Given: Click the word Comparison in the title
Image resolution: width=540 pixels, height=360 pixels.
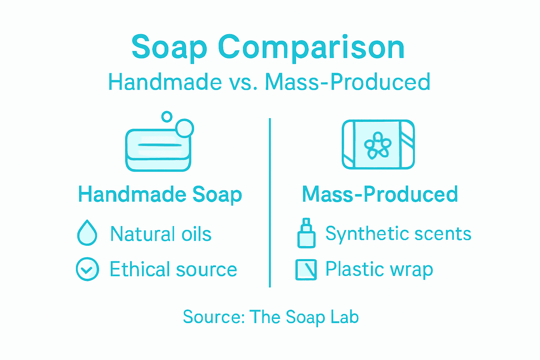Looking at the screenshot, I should click(311, 47).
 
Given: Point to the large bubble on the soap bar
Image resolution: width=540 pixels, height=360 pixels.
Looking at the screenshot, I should click(185, 128).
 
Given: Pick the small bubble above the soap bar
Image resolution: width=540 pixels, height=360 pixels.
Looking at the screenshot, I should click(167, 117).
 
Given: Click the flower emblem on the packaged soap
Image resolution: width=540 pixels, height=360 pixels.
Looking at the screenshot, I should click(378, 144).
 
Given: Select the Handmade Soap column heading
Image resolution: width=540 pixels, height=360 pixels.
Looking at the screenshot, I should click(160, 194).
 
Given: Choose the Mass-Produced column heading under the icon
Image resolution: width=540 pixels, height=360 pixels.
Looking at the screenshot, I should click(380, 194).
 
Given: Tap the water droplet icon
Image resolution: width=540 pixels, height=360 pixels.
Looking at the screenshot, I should click(87, 233).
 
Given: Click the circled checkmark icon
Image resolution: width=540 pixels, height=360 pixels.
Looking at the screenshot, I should click(87, 269).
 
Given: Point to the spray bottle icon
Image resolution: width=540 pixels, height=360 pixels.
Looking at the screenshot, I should click(306, 233).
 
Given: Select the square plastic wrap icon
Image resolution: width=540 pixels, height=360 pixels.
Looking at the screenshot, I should click(306, 270).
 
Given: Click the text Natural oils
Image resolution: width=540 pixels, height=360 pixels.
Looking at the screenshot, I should click(161, 234).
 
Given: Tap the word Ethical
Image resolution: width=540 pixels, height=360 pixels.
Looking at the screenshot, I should click(140, 269).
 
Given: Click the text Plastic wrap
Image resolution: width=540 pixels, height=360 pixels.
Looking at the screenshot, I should click(379, 269).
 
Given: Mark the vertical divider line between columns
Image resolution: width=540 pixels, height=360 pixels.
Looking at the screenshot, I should click(270, 202).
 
